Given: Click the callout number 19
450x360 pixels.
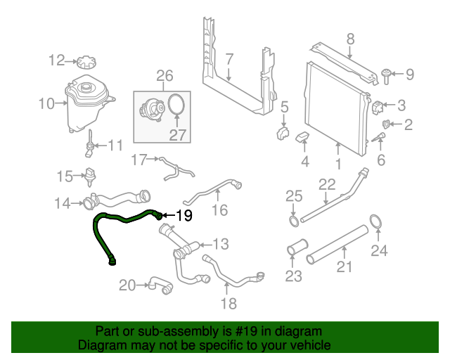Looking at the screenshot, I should (184, 216).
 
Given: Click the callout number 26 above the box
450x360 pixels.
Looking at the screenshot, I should (164, 75).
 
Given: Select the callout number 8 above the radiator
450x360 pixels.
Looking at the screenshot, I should (350, 39).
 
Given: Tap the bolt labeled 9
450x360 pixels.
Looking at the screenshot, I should (386, 72).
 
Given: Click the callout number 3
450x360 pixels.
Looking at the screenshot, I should (401, 106).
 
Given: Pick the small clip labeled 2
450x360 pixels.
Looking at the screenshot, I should (385, 125).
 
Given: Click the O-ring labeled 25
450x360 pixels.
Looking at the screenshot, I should (293, 222).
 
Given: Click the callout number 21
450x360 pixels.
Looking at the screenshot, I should (344, 266).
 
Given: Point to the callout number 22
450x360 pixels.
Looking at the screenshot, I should (327, 185).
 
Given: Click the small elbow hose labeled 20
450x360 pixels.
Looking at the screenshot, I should (158, 285).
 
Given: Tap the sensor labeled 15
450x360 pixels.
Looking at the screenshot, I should (89, 174).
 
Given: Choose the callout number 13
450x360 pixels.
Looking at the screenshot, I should (221, 245).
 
